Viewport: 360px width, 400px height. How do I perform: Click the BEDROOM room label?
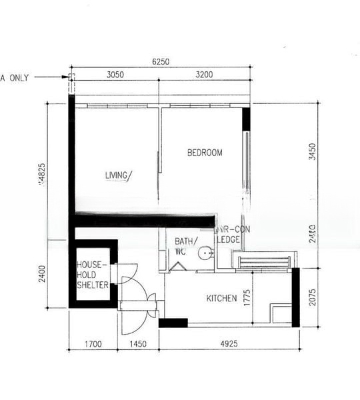pyautogui.click(x=205, y=153)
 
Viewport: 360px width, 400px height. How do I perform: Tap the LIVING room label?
pyautogui.click(x=118, y=175)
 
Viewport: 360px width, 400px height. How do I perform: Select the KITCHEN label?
pyautogui.click(x=221, y=298)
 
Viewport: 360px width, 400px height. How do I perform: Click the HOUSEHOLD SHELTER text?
pyautogui.click(x=93, y=275)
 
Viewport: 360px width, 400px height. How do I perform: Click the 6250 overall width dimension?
pyautogui.click(x=161, y=61)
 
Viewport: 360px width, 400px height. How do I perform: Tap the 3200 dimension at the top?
pyautogui.click(x=204, y=75)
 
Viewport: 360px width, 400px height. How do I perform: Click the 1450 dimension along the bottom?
pyautogui.click(x=138, y=345)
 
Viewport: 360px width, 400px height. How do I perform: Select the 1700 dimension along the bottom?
pyautogui.click(x=93, y=345)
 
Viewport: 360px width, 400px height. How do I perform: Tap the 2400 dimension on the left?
pyautogui.click(x=42, y=275)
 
